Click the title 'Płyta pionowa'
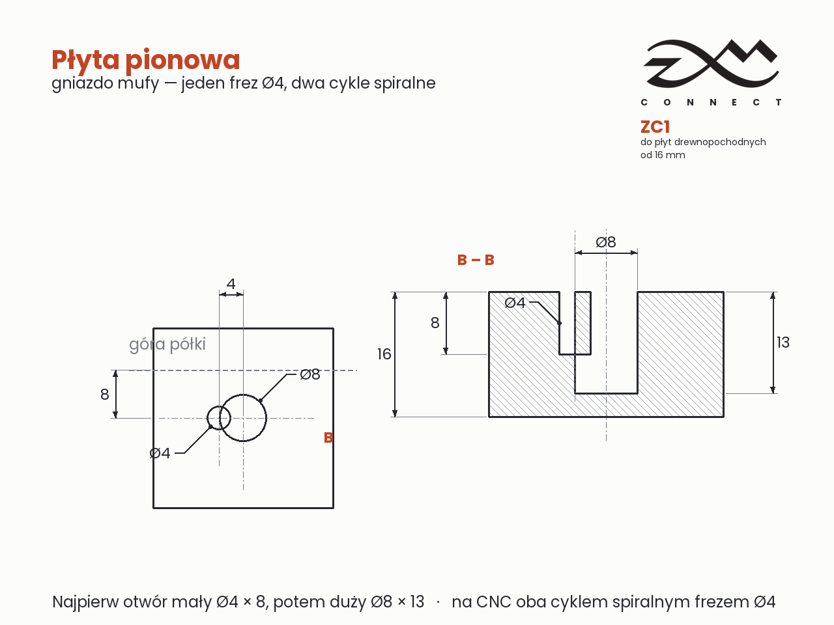145,61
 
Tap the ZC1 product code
655,127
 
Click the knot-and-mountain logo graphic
711,63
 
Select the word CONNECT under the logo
711,102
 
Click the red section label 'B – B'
476,260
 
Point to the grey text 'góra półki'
167,344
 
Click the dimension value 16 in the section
384,354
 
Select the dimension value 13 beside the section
783,342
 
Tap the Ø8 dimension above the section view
606,242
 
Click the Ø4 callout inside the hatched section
515,303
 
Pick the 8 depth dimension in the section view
435,323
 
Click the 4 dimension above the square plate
231,284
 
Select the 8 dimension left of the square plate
104,395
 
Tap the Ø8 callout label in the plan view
310,374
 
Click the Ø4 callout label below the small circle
160,453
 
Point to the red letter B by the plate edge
328,437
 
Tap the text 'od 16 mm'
663,155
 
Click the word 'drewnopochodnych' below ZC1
720,143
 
